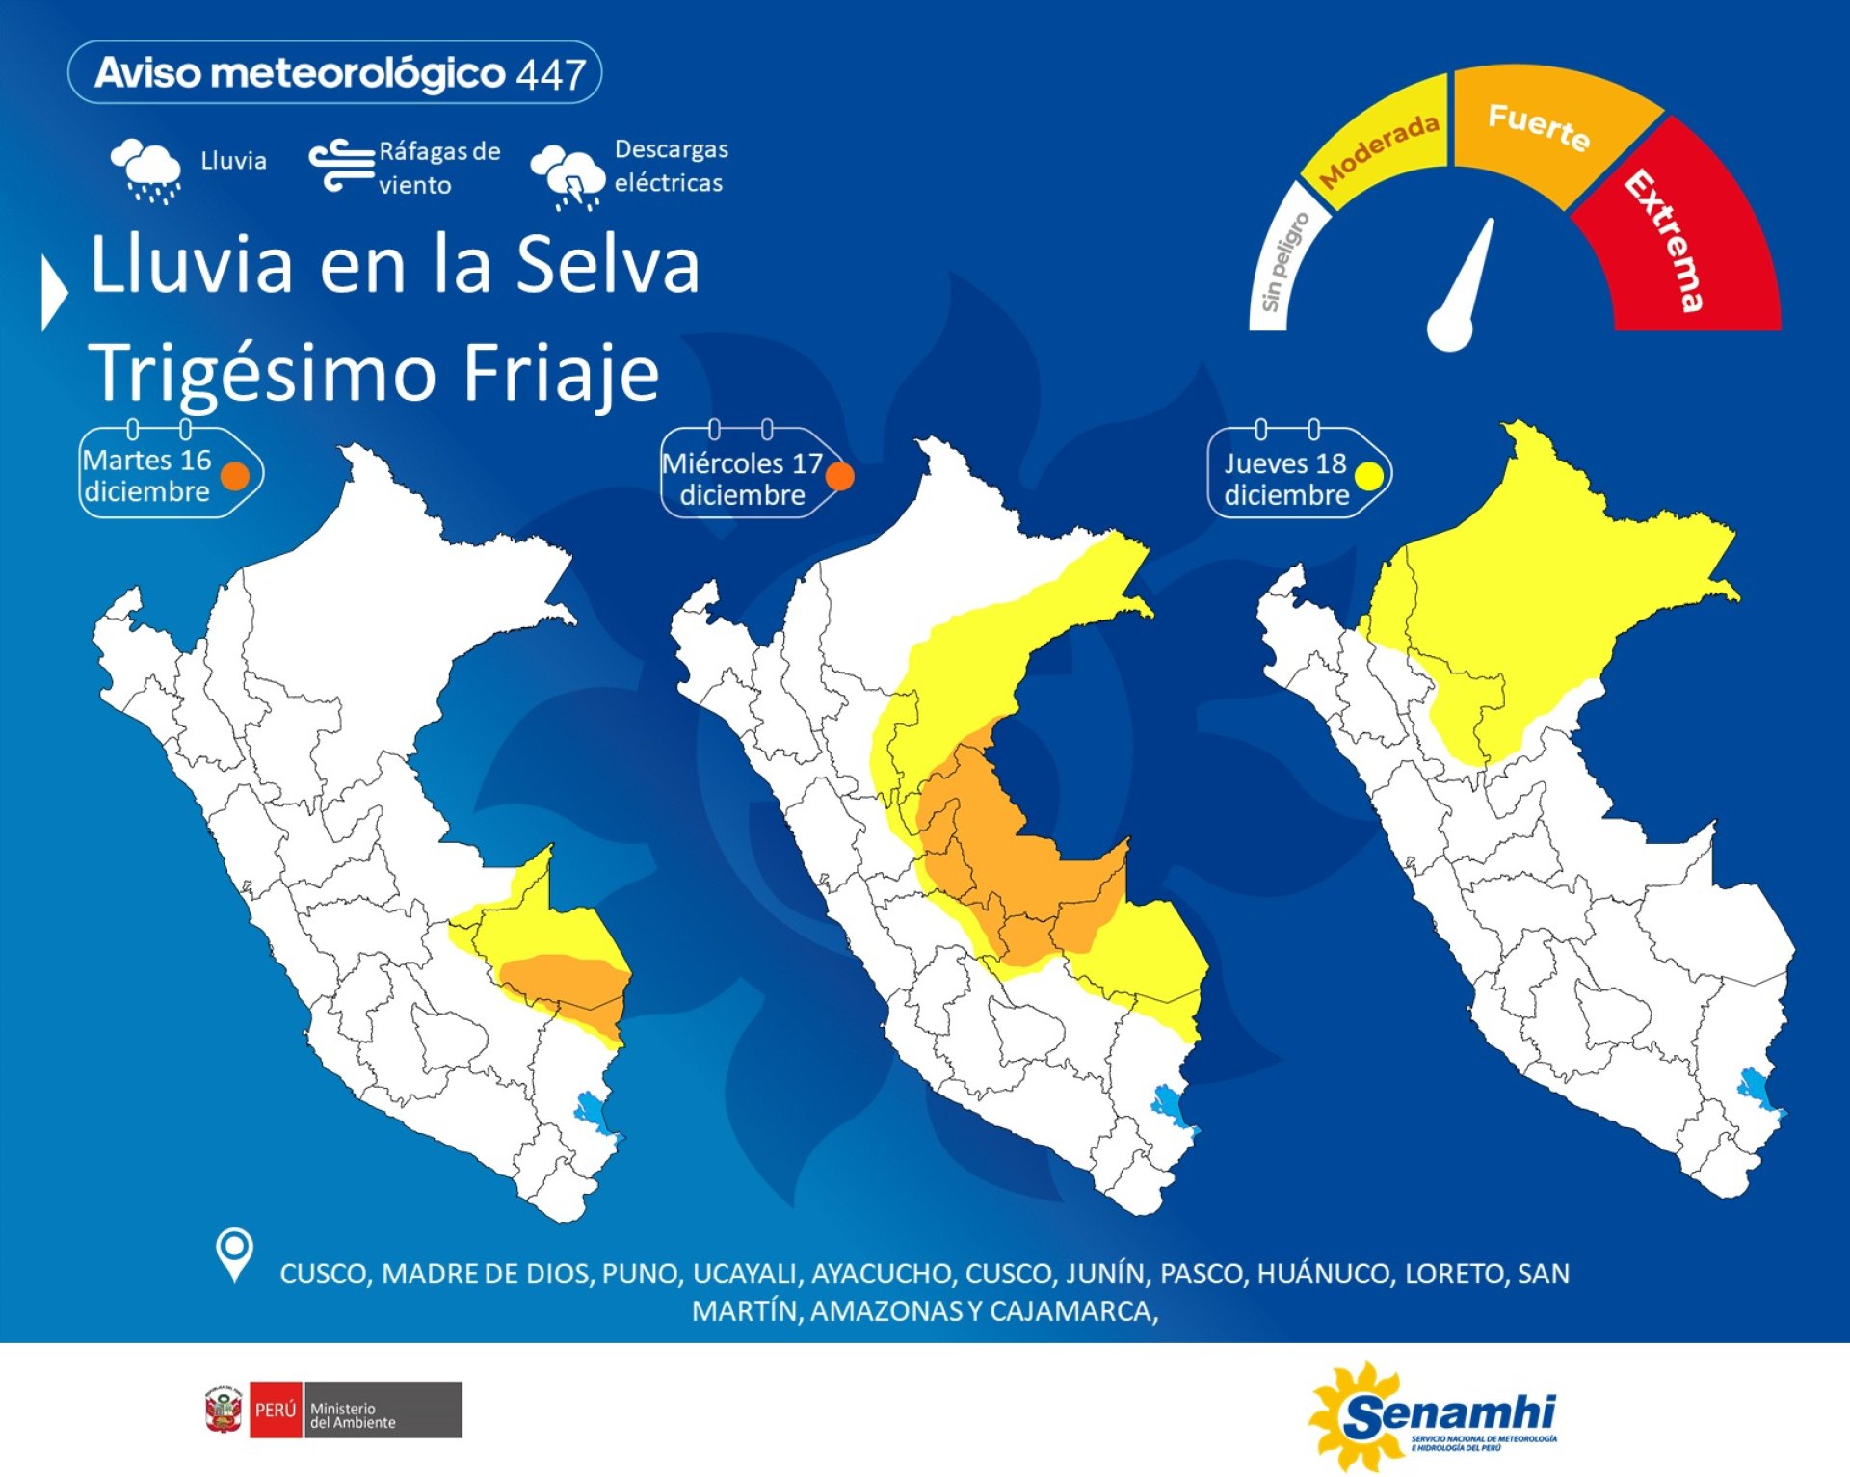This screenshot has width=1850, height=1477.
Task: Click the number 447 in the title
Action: pyautogui.click(x=550, y=74)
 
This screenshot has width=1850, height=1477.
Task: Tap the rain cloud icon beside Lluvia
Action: pyautogui.click(x=145, y=170)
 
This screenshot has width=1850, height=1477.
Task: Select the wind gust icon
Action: pyautogui.click(x=341, y=166)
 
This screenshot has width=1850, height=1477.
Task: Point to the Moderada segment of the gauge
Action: pyautogui.click(x=1378, y=145)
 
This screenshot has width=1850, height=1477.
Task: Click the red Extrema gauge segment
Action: pyautogui.click(x=1677, y=241)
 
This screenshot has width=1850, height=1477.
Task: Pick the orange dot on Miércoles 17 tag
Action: pyautogui.click(x=839, y=476)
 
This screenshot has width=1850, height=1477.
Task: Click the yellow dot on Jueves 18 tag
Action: pyautogui.click(x=1368, y=476)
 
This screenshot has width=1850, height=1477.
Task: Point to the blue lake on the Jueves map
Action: pyautogui.click(x=1753, y=1089)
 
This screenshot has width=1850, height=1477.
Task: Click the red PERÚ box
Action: pyautogui.click(x=276, y=1410)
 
